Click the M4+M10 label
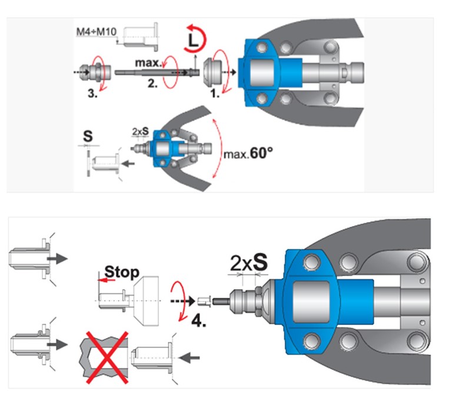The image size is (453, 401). click(x=96, y=32)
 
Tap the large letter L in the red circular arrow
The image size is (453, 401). click(x=193, y=41)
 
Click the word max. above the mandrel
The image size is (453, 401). click(x=148, y=62)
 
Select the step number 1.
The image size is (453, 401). click(x=215, y=94)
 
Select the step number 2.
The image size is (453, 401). click(x=152, y=83)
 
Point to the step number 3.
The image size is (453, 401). click(x=92, y=93)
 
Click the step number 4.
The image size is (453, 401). click(x=199, y=321)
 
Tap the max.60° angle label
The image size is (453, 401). click(x=248, y=153)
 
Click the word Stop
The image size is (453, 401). click(x=122, y=272)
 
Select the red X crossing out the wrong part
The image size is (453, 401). click(x=107, y=357)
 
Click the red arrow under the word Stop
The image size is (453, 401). click(x=106, y=280)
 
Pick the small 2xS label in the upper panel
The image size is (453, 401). click(x=141, y=131)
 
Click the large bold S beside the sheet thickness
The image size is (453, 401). click(x=88, y=136)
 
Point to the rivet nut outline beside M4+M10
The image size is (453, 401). click(x=141, y=37)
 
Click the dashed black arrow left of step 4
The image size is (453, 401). click(x=182, y=301)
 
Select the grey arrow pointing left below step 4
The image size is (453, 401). click(x=189, y=358)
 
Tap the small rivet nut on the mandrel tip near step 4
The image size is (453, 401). click(x=204, y=301)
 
